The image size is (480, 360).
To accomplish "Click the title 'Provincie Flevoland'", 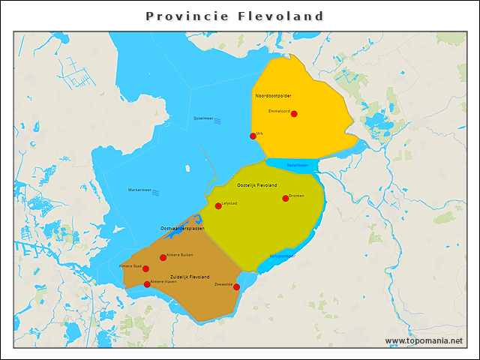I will (235, 16).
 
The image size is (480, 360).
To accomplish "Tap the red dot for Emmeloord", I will (294, 114).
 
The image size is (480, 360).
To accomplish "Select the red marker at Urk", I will (253, 136).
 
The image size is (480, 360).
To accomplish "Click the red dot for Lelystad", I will (218, 206).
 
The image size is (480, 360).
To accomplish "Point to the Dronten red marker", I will (286, 199).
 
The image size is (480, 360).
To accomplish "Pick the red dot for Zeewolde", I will (236, 287).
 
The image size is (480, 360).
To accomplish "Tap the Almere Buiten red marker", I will (163, 258).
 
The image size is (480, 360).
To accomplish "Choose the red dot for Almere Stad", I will (145, 268).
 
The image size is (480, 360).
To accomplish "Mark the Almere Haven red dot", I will (147, 284).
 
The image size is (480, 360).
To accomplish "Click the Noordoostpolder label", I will (273, 96).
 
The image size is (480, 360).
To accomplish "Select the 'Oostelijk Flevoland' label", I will (257, 184).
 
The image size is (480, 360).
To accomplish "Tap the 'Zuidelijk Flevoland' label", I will (190, 277).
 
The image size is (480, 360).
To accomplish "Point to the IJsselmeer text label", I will (203, 118).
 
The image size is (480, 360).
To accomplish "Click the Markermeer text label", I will (139, 190).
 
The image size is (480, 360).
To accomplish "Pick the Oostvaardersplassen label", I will (182, 228).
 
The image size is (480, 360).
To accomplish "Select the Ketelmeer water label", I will (297, 165).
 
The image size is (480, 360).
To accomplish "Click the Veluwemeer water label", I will (282, 256).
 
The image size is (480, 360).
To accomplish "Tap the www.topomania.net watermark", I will (424, 340).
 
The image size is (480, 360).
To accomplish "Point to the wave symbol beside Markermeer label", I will (156, 192).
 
